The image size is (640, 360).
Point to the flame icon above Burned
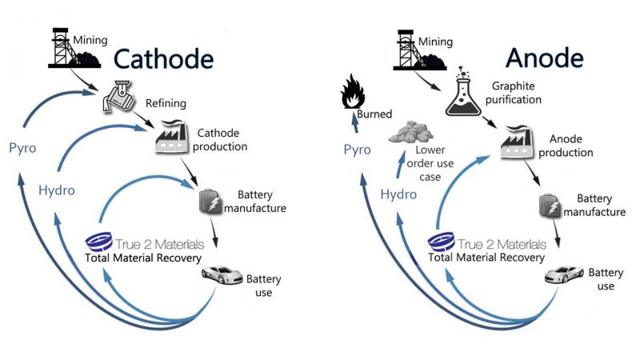(x=352, y=91)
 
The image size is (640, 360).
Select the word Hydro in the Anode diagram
(x=398, y=194)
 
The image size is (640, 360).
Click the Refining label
(x=166, y=102)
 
